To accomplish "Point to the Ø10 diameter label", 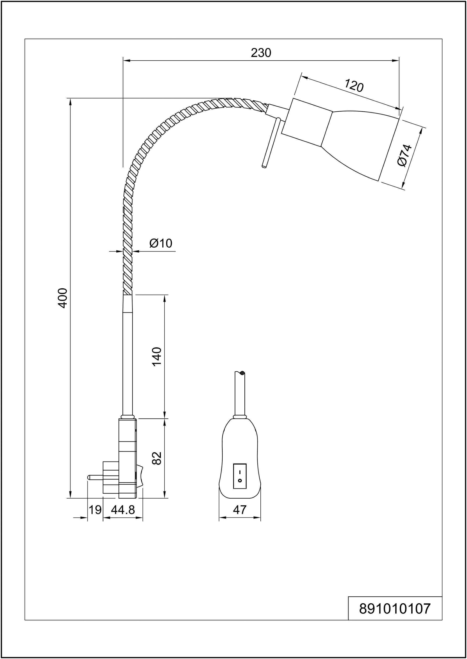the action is pyautogui.click(x=161, y=243).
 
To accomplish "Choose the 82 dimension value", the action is pyautogui.click(x=157, y=458).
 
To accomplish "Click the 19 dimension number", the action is pyautogui.click(x=95, y=510).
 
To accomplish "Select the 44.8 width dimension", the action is pyautogui.click(x=123, y=510).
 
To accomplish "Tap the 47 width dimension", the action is pyautogui.click(x=240, y=510).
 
